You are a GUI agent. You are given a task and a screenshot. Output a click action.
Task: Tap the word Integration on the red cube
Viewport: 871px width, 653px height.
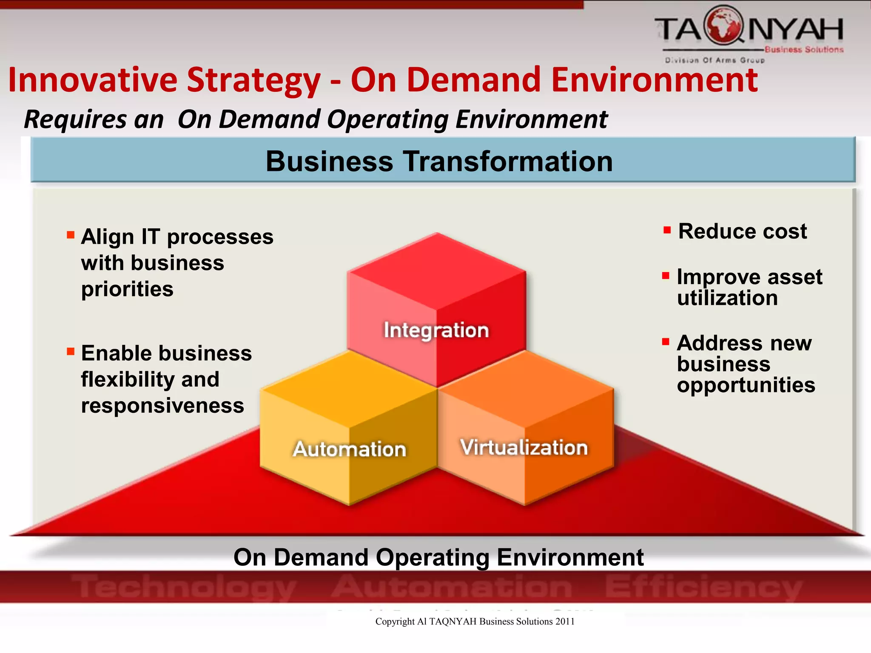click(436, 330)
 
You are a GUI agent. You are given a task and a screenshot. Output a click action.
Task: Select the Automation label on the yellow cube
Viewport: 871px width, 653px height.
click(350, 449)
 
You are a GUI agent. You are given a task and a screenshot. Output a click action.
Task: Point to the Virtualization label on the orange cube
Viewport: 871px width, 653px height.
click(524, 448)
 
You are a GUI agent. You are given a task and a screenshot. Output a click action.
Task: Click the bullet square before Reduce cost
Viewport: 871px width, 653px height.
click(667, 230)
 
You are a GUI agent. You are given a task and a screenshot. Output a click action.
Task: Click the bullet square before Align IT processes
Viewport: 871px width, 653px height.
click(71, 235)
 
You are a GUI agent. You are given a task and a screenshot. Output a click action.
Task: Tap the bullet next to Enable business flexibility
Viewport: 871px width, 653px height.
click(71, 352)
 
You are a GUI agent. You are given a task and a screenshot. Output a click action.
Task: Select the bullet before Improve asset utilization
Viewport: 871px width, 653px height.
click(666, 276)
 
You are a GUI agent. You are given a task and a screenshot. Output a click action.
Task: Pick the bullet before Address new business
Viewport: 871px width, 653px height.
click(666, 342)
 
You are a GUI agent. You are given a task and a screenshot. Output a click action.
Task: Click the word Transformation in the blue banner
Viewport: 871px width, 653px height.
click(508, 162)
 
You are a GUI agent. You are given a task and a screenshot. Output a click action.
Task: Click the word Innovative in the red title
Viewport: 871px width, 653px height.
click(93, 80)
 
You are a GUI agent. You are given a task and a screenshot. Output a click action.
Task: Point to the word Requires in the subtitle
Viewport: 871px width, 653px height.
click(75, 119)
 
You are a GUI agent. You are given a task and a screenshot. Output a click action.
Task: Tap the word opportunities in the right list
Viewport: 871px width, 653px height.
click(746, 386)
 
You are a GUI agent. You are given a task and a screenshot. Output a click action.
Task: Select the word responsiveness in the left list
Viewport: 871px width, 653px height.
click(162, 406)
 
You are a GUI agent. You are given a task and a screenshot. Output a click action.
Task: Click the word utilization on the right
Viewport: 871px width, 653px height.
click(727, 298)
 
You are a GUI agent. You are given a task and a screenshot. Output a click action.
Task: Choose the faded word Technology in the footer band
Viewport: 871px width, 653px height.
click(185, 587)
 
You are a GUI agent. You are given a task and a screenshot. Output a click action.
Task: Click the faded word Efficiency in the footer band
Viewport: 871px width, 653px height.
click(703, 587)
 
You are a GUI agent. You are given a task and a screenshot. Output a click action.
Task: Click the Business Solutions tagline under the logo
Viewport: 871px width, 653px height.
click(803, 50)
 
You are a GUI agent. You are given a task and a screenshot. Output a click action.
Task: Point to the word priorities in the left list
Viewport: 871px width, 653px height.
click(127, 290)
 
